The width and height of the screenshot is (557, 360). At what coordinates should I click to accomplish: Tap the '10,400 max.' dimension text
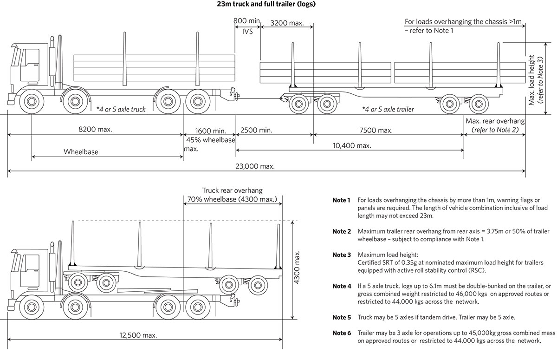(x=352, y=145)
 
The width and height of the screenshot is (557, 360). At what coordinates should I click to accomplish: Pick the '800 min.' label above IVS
(x=247, y=21)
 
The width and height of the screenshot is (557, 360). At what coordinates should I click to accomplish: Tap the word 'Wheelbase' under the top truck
(x=81, y=151)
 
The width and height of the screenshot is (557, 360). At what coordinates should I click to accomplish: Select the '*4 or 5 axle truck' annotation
(x=121, y=110)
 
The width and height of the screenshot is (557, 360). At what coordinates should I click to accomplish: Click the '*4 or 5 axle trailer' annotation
(x=388, y=110)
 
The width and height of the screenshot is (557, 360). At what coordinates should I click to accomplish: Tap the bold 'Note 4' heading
(x=342, y=286)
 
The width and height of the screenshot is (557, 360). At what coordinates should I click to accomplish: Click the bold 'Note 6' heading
(x=342, y=333)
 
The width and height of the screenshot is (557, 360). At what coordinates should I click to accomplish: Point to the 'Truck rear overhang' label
(x=232, y=190)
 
